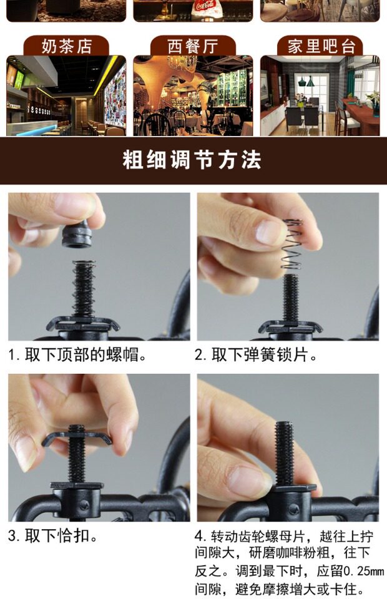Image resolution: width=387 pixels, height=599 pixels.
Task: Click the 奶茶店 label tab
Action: pyautogui.click(x=66, y=46)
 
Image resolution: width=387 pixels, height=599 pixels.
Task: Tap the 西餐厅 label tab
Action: pyautogui.click(x=193, y=46)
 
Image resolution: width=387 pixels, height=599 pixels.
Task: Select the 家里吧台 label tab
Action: pyautogui.click(x=320, y=46)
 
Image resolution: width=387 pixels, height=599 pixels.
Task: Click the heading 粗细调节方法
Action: pyautogui.click(x=192, y=160)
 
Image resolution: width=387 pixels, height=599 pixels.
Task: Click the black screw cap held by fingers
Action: pyautogui.click(x=77, y=235)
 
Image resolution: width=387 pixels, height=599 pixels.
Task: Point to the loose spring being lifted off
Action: pyautogui.click(x=292, y=244)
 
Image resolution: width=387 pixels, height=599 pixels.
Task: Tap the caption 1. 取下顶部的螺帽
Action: pyautogui.click(x=77, y=355)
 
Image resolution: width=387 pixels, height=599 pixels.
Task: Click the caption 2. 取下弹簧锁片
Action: pyautogui.click(x=256, y=355)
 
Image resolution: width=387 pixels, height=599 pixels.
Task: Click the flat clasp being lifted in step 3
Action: pyautogui.click(x=76, y=437)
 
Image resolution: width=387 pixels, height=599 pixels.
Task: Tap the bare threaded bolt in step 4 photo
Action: pyautogui.click(x=285, y=454)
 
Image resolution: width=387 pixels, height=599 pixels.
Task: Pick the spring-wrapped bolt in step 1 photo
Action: pyautogui.click(x=84, y=289)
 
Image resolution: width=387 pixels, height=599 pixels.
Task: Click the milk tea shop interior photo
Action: pyautogui.click(x=66, y=95)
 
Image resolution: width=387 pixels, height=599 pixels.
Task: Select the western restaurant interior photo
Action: pyautogui.click(x=193, y=95)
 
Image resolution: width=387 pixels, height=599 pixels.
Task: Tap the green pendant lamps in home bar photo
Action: pyautogui.click(x=306, y=81)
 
